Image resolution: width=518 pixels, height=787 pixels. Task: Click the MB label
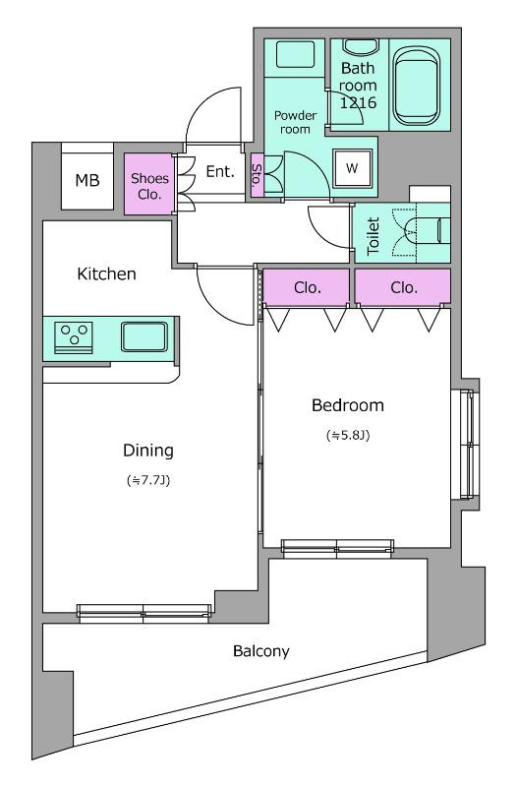point(87,180)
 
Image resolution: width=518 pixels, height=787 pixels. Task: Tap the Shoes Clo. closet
point(149,184)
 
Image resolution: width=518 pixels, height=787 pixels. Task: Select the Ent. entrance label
point(220,171)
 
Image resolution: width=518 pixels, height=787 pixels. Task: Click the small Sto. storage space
point(257,174)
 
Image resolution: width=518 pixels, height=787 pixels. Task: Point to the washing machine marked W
point(352,168)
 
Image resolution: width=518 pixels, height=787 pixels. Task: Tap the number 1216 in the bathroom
point(358,103)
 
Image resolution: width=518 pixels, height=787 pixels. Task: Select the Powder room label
point(295,122)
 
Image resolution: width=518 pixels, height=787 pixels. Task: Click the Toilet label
point(374,235)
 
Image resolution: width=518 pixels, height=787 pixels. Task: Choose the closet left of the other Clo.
point(306,286)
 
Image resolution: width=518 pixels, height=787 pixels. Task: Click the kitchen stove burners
point(74,334)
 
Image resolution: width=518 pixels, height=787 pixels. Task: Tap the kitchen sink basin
point(144,336)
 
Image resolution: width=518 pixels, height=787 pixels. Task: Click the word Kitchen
point(106,273)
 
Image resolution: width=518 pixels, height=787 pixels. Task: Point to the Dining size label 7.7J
point(148,480)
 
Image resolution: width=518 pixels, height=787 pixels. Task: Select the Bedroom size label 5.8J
point(348,435)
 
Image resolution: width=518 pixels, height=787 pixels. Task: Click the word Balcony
point(261,651)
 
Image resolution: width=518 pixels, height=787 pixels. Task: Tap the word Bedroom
point(348,405)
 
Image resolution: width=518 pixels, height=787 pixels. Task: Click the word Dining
point(148,451)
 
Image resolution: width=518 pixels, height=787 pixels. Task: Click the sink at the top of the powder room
point(295,54)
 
